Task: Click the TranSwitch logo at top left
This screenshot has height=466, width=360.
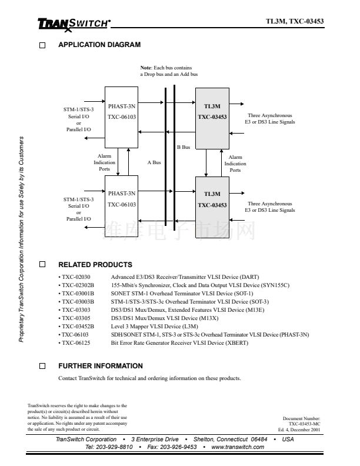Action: point(74,24)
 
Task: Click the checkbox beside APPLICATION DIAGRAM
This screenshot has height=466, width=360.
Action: point(42,45)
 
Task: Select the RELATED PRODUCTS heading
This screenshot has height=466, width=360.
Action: point(95,265)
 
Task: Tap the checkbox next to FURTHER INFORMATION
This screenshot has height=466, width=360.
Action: point(42,366)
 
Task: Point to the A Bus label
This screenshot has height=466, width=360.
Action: point(154,162)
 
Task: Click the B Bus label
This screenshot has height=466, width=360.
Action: point(184,147)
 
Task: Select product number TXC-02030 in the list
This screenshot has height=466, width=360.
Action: point(76,277)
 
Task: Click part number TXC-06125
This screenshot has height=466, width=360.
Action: point(76,343)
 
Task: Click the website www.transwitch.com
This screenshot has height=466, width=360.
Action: point(237,447)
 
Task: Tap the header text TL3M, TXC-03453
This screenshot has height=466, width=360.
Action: point(294,21)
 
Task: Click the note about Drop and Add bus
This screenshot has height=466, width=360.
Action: point(169,71)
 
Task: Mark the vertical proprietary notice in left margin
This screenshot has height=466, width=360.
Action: point(21,239)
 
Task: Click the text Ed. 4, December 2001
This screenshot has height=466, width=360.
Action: point(299,430)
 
